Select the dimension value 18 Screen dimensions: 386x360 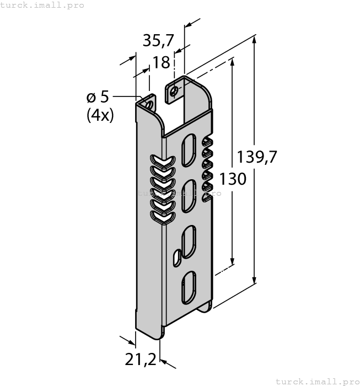point(161,62)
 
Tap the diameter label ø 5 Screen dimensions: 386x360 point(98,97)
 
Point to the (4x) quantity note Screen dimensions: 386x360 point(100,116)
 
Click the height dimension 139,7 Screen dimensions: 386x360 point(256,157)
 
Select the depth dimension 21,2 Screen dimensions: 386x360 point(141,360)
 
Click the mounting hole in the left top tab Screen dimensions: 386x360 point(148,103)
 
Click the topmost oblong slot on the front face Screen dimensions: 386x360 point(188,148)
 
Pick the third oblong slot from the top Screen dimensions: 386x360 point(188,240)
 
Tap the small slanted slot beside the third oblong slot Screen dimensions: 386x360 point(176,256)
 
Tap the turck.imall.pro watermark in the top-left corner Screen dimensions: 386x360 point(42,5)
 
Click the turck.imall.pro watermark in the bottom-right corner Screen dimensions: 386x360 point(317,381)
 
